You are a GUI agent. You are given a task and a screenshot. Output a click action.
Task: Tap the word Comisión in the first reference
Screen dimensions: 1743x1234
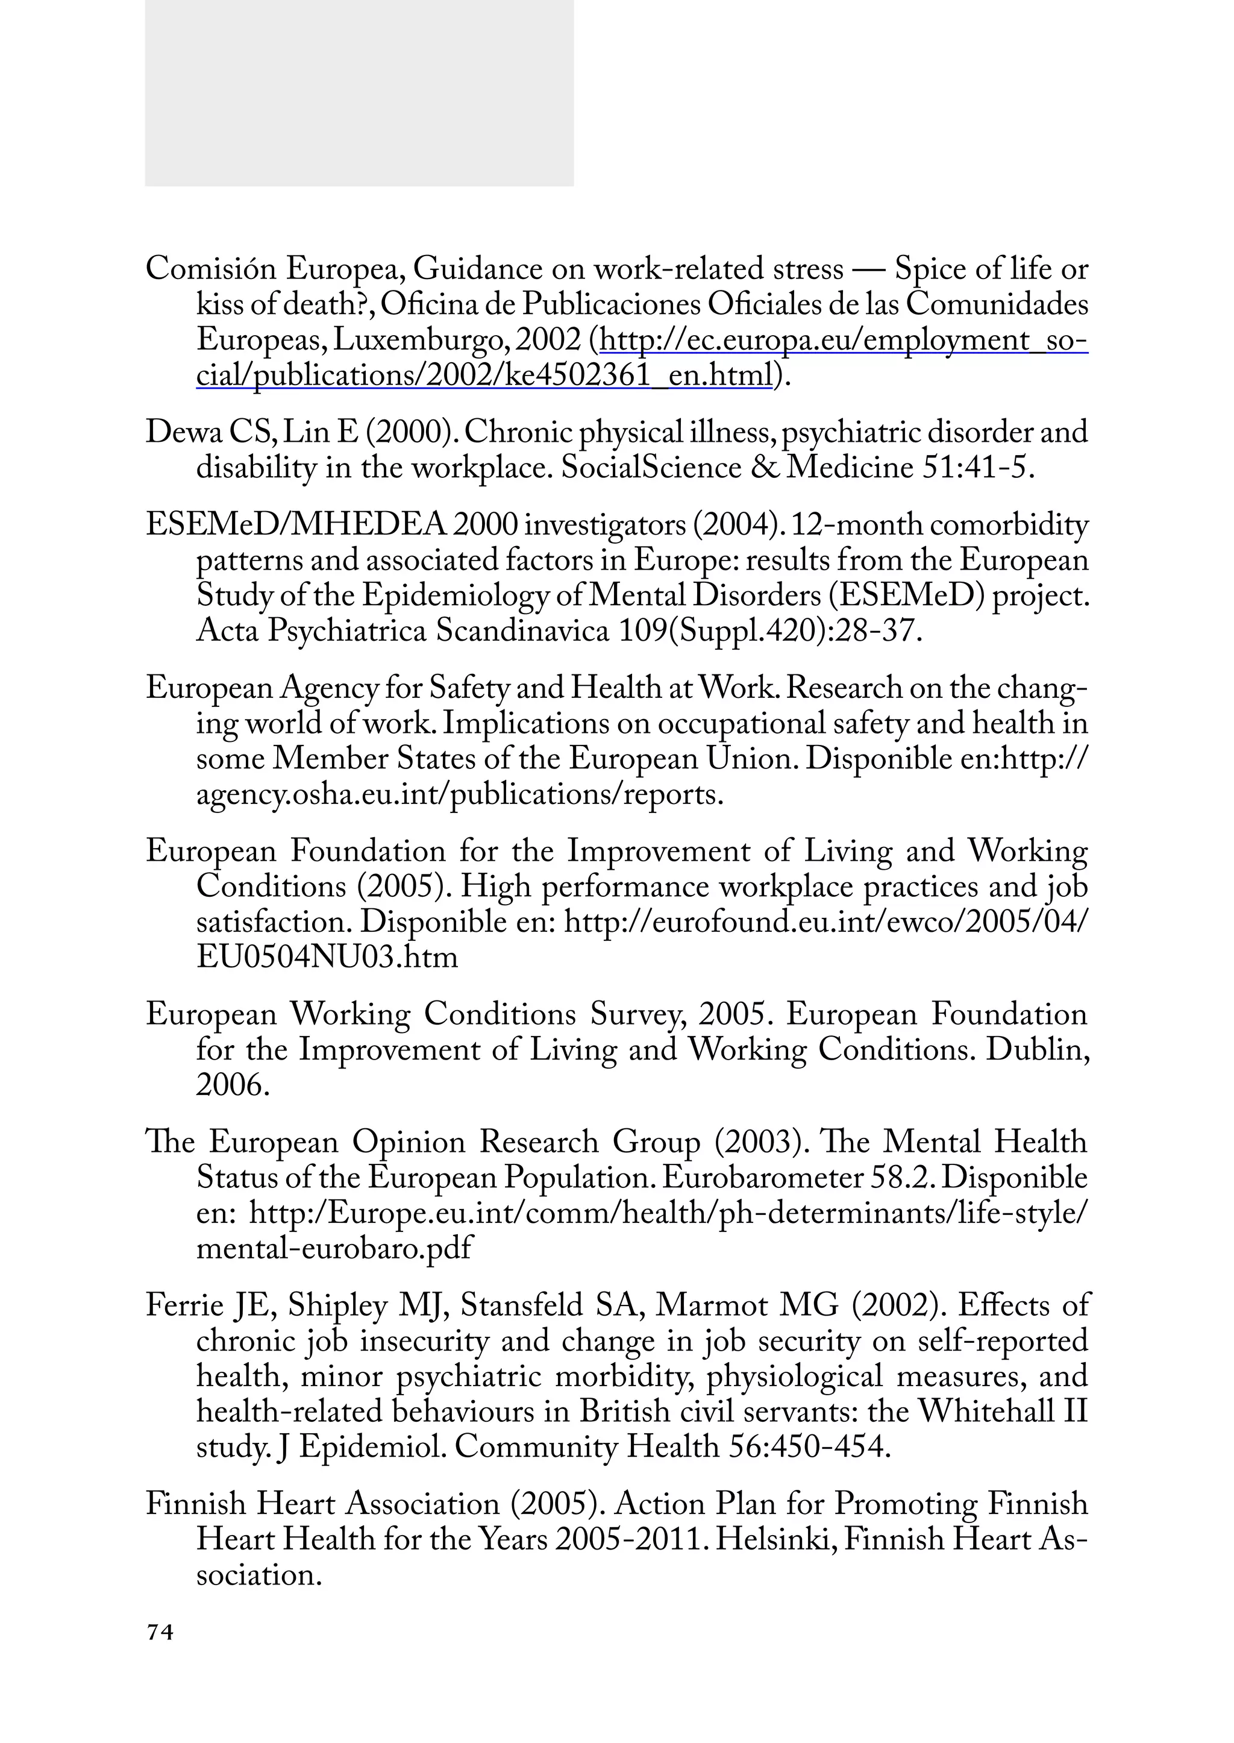click(210, 269)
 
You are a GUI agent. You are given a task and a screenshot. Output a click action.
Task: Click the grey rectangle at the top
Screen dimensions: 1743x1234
click(359, 93)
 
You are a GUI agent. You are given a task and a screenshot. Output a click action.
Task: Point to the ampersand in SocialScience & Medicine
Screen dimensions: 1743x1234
click(763, 468)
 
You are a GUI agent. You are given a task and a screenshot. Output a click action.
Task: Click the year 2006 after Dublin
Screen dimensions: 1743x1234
click(232, 1085)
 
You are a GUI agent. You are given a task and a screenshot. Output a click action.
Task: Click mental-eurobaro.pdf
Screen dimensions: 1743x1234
click(334, 1248)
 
